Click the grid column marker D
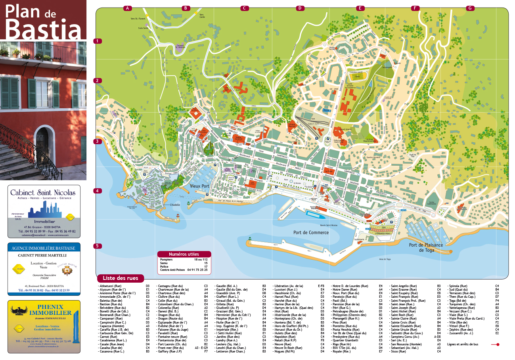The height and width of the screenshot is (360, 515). point(300,8)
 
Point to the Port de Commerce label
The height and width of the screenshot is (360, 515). point(311,232)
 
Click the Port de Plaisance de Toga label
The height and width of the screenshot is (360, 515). point(426,247)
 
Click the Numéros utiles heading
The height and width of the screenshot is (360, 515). point(184,254)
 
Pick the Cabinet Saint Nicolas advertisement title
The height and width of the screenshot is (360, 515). point(43,193)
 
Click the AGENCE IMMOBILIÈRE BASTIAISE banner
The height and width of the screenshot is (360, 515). point(44,248)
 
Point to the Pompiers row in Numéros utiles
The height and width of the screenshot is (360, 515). point(184,259)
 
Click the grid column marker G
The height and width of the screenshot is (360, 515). point(470,8)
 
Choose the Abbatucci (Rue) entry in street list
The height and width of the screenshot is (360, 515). point(111,285)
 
